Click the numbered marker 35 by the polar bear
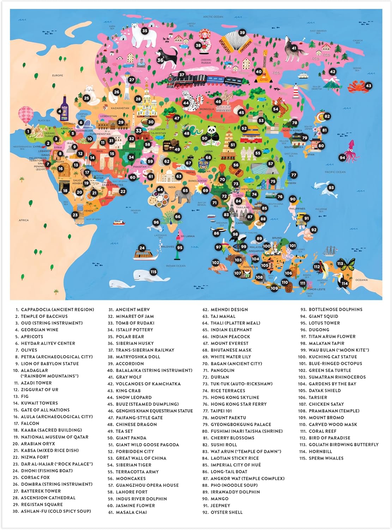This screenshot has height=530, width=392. [145, 31]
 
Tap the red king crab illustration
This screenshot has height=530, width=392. [356, 86]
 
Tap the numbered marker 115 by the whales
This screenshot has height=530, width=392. [153, 272]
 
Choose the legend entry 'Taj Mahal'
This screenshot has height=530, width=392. [223, 316]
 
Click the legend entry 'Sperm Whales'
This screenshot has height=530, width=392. [326, 458]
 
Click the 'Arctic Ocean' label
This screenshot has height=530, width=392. [213, 17]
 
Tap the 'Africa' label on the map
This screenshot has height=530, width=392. [24, 220]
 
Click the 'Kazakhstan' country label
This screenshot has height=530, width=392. [120, 108]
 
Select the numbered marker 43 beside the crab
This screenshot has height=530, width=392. [368, 86]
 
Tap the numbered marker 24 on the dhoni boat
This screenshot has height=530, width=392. [142, 248]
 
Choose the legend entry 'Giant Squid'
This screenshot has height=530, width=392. [323, 316]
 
